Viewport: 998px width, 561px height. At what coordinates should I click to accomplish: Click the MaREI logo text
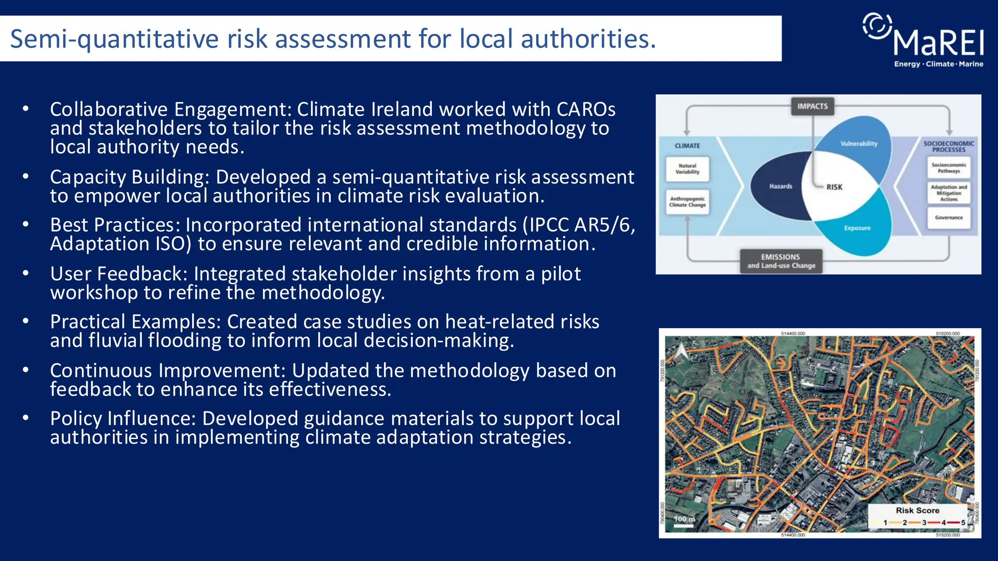pyautogui.click(x=939, y=43)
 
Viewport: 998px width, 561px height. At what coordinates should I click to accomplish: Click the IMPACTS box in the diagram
pyautogui.click(x=812, y=106)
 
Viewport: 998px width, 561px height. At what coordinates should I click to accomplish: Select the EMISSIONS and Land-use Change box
pyautogui.click(x=781, y=261)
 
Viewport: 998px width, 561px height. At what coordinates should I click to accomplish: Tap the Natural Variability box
pyautogui.click(x=688, y=169)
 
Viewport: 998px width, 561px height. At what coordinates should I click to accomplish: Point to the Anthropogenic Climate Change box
pyautogui.click(x=687, y=202)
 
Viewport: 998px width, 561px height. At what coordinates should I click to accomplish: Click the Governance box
pyautogui.click(x=949, y=218)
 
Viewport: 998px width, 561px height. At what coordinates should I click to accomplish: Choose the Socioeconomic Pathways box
pyautogui.click(x=949, y=168)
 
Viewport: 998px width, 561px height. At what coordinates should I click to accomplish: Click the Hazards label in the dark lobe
pyautogui.click(x=781, y=186)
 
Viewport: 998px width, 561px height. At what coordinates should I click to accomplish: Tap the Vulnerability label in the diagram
pyautogui.click(x=859, y=144)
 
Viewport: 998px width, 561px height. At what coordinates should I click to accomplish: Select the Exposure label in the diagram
pyautogui.click(x=857, y=228)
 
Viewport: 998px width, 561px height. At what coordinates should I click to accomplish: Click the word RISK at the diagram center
pyautogui.click(x=834, y=187)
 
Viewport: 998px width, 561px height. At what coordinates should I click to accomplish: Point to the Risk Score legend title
pyautogui.click(x=917, y=510)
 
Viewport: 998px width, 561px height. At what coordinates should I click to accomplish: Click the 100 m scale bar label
pyautogui.click(x=684, y=519)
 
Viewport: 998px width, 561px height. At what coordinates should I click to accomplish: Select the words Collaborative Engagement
pyautogui.click(x=170, y=110)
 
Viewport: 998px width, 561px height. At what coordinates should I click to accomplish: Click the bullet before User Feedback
pyautogui.click(x=26, y=274)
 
